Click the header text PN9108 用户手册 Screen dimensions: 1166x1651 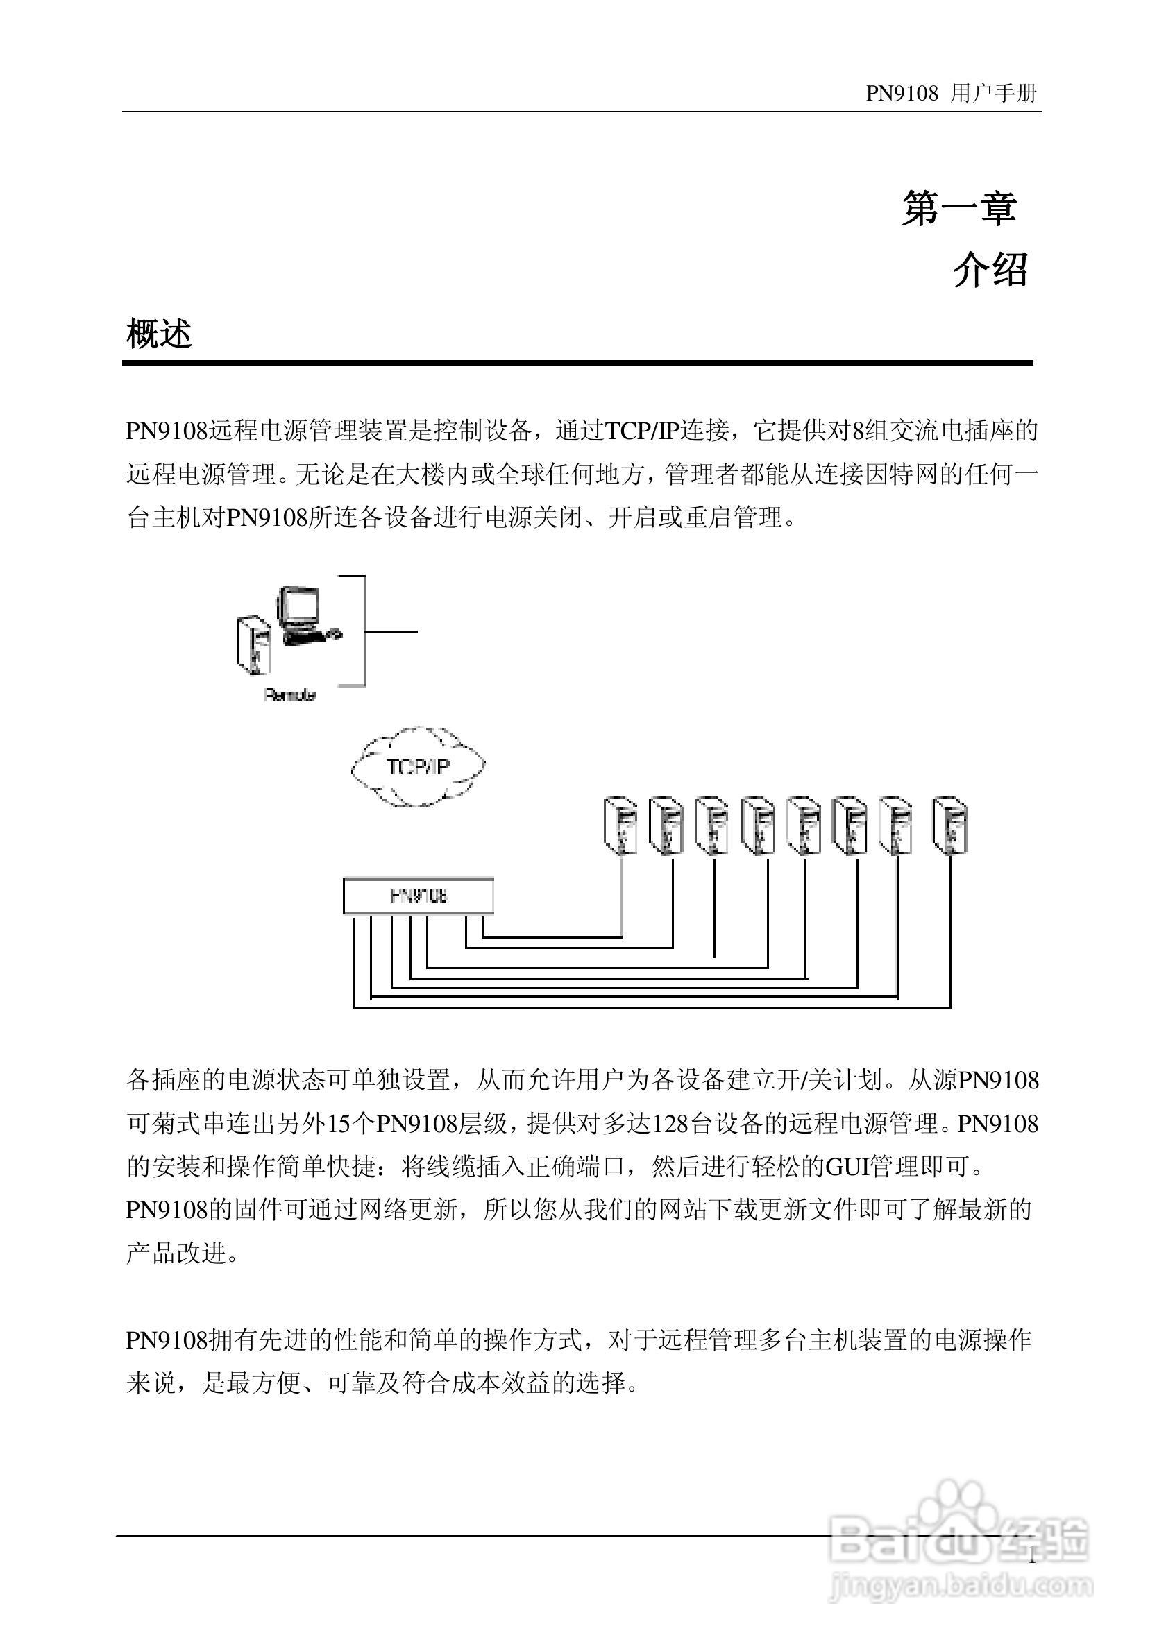click(x=950, y=94)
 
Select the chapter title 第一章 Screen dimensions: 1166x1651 click(x=959, y=209)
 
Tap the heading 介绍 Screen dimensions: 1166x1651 click(x=990, y=271)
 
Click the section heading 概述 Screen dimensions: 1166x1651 click(x=159, y=334)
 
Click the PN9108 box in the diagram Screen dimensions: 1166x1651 click(x=419, y=896)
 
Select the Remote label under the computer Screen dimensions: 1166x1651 click(x=290, y=695)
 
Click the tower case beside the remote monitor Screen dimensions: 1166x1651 click(x=253, y=645)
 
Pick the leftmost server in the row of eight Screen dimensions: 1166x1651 click(x=620, y=824)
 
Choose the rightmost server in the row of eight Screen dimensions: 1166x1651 click(x=949, y=824)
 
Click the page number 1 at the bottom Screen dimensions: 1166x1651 click(x=1032, y=1557)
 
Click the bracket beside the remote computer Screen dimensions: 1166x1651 click(x=363, y=631)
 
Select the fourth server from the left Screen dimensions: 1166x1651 click(x=757, y=824)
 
